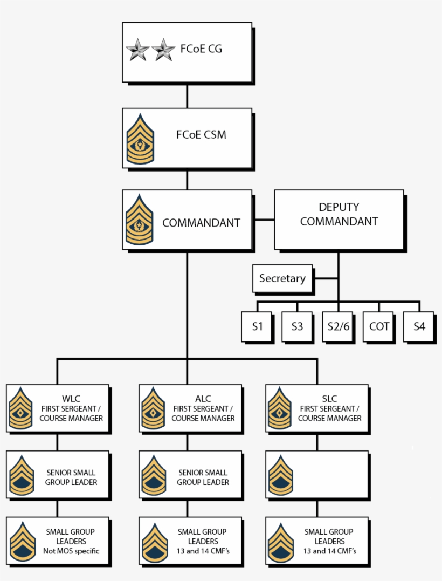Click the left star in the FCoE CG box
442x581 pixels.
[x=137, y=51]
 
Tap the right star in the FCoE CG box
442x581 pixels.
[x=163, y=51]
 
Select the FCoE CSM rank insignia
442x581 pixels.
[x=140, y=139]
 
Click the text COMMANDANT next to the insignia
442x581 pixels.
[x=201, y=222]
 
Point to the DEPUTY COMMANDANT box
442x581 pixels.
[x=339, y=219]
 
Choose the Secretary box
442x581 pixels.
[x=282, y=278]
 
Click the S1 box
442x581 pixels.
[x=257, y=326]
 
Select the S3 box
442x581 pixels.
[x=297, y=326]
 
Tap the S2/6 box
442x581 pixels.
[x=339, y=326]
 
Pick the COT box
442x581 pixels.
[x=379, y=326]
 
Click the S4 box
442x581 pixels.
[x=419, y=326]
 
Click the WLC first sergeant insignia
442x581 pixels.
[x=20, y=408]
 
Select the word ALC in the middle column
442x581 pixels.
[x=203, y=399]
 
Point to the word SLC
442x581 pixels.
[x=329, y=399]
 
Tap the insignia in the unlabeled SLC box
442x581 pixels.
[x=280, y=475]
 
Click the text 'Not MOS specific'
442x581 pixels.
[x=71, y=551]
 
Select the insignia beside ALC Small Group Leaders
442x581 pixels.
[x=153, y=541]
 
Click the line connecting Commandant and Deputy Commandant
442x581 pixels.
[x=264, y=220]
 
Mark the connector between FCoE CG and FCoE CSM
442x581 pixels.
[x=187, y=95]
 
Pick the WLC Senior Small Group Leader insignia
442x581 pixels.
[x=20, y=475]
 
